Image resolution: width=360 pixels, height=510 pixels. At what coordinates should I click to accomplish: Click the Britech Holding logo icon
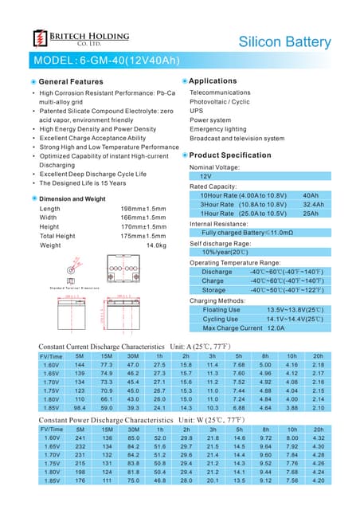(x=39, y=39)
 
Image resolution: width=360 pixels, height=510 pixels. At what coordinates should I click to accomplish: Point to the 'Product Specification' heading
(x=230, y=155)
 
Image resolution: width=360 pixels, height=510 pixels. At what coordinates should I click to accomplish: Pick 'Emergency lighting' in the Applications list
(x=217, y=128)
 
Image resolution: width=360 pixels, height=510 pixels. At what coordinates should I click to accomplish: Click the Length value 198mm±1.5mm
(x=143, y=209)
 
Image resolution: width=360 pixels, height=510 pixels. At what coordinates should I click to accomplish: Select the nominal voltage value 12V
(x=205, y=176)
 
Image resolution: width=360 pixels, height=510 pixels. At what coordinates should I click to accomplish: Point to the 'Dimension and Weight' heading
(x=72, y=198)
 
